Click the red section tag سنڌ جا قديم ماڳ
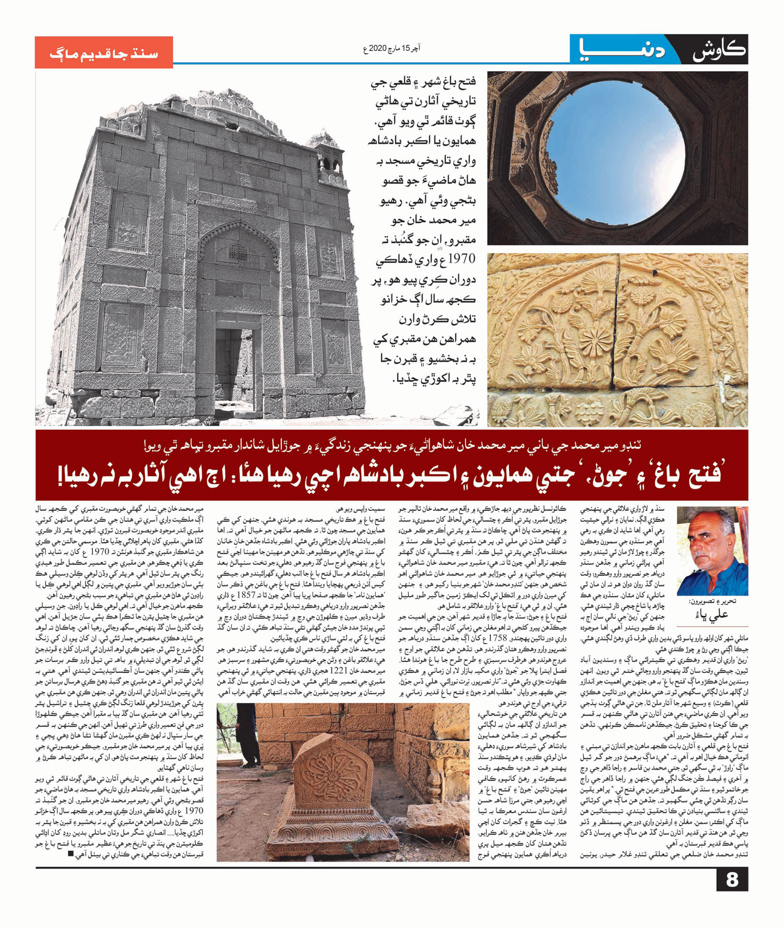pos(103,53)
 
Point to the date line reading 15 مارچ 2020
pos(391,49)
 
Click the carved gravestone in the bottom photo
pos(335,769)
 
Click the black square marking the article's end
pos(70,854)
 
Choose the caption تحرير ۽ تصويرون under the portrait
pos(712,602)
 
